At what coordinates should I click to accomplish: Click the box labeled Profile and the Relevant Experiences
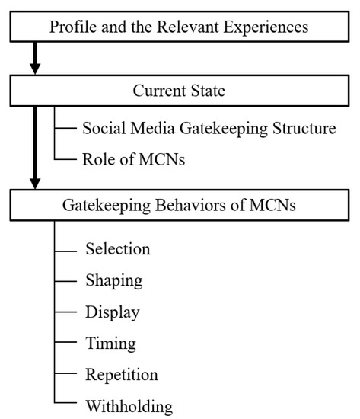(x=179, y=27)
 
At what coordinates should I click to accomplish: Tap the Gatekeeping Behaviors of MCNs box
(x=179, y=204)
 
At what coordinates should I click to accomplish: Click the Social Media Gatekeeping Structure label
(x=209, y=128)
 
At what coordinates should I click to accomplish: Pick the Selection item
(x=117, y=249)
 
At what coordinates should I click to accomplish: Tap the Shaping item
(x=113, y=280)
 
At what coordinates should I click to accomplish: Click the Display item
(x=112, y=312)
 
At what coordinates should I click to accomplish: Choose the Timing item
(x=110, y=344)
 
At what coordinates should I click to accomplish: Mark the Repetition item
(x=121, y=374)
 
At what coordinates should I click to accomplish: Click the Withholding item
(x=129, y=405)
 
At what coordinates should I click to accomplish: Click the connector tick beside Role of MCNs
(x=65, y=159)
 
